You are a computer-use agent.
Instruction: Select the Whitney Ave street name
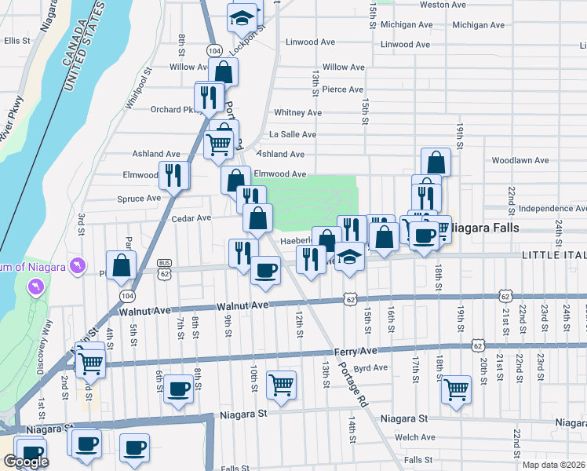297,113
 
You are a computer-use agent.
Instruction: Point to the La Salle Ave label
292,134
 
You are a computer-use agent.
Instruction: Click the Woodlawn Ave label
520,160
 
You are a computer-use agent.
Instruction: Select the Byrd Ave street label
371,367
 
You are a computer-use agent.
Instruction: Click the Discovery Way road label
50,345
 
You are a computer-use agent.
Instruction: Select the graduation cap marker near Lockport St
242,16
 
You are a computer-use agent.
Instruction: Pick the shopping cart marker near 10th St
281,385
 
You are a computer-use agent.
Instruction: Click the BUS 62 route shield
164,270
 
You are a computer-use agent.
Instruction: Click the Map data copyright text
554,465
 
